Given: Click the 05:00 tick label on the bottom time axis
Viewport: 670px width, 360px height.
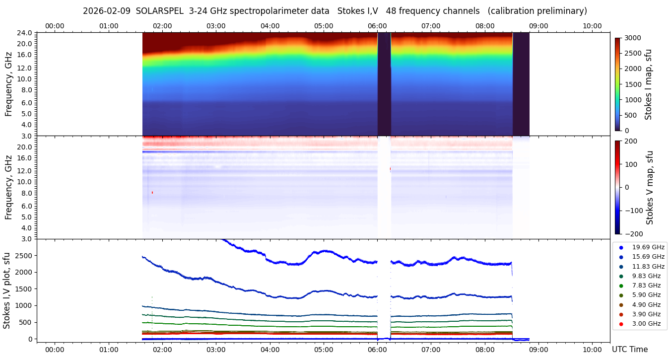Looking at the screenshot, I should (324, 349).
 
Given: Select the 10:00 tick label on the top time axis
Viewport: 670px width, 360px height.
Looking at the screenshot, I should (592, 26).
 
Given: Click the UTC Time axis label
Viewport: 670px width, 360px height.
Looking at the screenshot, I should (629, 350).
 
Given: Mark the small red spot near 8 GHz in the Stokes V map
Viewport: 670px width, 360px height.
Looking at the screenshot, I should (152, 192).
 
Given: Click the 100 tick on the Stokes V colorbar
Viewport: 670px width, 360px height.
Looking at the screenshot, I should (634, 164).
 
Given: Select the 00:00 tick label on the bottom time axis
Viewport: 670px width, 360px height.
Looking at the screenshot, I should (55, 349).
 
